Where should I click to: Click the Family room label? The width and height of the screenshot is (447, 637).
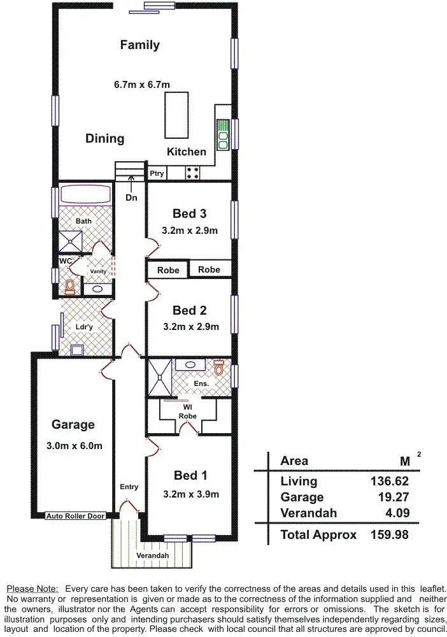[139, 45]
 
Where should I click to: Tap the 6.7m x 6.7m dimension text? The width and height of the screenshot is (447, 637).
[141, 84]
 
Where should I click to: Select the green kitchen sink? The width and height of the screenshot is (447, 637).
[223, 134]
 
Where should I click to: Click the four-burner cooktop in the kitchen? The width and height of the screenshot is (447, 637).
[193, 173]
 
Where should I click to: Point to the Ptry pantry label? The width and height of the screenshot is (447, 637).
[157, 173]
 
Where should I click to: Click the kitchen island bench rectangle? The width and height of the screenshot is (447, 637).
[176, 115]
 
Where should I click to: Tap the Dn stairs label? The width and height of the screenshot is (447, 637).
[131, 198]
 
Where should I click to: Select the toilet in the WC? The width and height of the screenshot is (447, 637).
[69, 287]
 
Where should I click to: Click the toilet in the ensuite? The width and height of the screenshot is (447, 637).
[219, 368]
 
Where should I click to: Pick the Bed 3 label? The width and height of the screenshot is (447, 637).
[189, 214]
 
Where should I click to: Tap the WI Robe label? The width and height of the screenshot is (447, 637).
[188, 412]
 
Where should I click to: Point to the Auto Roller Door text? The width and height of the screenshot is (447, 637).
[74, 515]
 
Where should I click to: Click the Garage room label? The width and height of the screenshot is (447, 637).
[73, 425]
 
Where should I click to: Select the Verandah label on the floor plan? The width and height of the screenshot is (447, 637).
[152, 555]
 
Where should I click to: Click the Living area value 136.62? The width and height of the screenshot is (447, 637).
[389, 482]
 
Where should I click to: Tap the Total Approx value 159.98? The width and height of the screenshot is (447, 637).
[389, 534]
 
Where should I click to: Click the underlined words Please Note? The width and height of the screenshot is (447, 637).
[32, 588]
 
